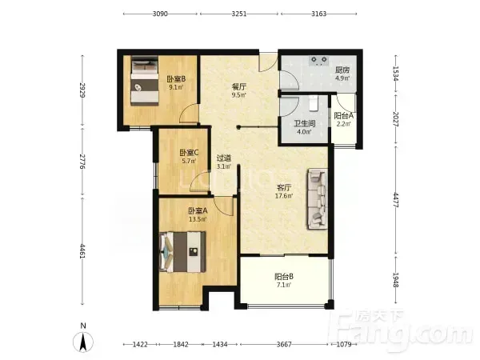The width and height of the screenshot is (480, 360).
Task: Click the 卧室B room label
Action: [176, 79]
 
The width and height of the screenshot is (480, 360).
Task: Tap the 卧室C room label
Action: [189, 153]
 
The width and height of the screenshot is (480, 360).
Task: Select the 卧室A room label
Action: [198, 210]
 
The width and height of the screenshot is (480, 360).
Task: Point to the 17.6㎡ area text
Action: [284, 196]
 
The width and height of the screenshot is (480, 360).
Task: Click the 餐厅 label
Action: [238, 87]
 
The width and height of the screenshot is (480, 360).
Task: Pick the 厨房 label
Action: [342, 70]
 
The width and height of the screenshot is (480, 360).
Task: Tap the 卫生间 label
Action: [305, 124]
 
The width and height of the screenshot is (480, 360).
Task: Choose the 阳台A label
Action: [343, 116]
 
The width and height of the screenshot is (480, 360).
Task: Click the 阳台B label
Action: [284, 277]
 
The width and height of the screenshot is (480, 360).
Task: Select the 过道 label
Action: [224, 158]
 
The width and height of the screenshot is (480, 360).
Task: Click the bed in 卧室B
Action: [145, 81]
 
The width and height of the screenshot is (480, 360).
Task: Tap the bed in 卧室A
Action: [182, 252]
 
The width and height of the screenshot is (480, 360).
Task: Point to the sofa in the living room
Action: [317, 199]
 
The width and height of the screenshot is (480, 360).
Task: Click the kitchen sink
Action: [319, 61]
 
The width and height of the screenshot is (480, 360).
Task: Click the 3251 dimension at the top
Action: [239, 14]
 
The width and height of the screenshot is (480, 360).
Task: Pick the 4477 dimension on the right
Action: [395, 200]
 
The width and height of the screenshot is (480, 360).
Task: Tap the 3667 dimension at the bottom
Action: [284, 344]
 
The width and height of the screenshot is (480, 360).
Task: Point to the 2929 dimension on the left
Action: [82, 90]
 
